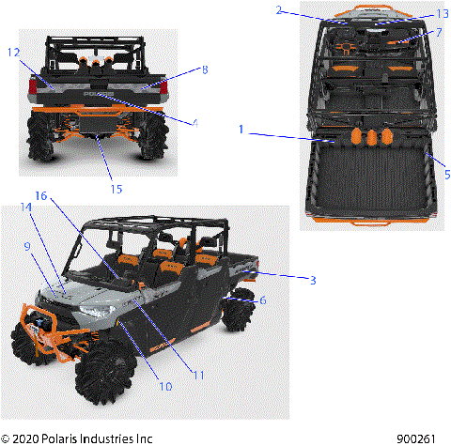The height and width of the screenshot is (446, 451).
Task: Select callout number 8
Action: point(205,69)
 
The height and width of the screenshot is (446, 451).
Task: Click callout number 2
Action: point(279,9)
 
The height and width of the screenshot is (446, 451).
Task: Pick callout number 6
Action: point(263,300)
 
